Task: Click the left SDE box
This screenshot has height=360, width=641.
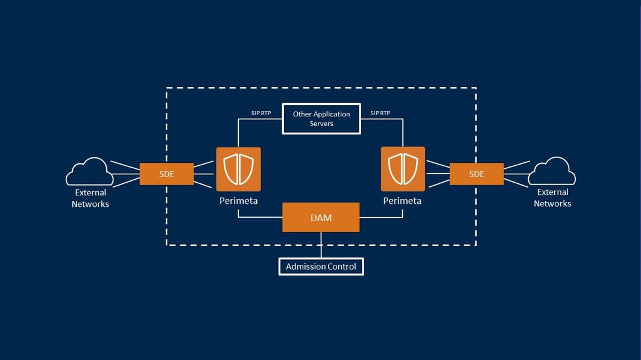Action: point(166,174)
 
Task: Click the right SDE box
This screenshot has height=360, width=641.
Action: point(476,174)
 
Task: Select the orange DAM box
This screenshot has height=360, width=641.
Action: point(321,218)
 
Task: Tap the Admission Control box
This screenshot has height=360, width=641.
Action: point(321,267)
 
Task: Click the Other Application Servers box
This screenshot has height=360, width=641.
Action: point(321,119)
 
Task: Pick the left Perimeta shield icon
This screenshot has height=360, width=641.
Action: point(239,169)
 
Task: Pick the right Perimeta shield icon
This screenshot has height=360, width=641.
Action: point(403,169)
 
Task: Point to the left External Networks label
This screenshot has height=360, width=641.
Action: point(90,198)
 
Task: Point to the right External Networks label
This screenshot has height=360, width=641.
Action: point(552,198)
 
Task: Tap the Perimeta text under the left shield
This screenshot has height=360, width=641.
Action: point(238,201)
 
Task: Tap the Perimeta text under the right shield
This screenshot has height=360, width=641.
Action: point(402,201)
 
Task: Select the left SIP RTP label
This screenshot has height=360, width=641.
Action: point(261,113)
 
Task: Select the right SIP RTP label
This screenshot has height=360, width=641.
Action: point(380,113)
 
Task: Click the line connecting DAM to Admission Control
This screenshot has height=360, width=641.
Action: point(321,245)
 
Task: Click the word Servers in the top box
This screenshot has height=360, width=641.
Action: point(321,124)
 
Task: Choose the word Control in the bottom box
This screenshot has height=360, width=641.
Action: point(341,267)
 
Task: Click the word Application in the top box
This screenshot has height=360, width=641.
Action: point(330,114)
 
